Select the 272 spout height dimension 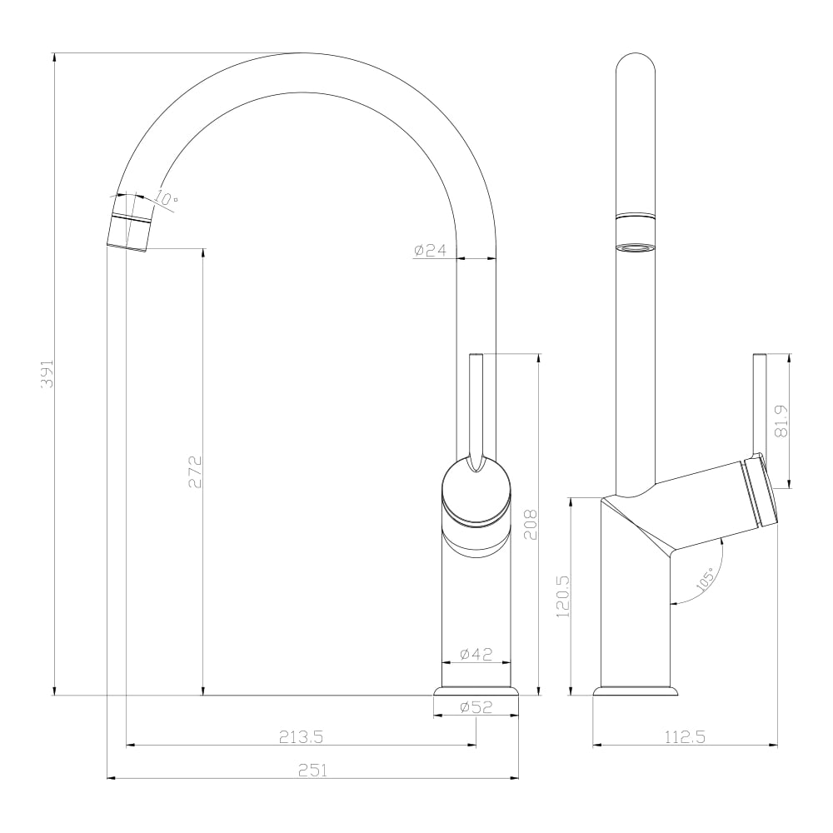194,471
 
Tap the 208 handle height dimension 531,524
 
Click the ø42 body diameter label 476,654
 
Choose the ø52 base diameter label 476,707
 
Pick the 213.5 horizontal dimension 302,737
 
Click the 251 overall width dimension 313,770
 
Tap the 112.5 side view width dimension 685,737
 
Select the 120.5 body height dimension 562,596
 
